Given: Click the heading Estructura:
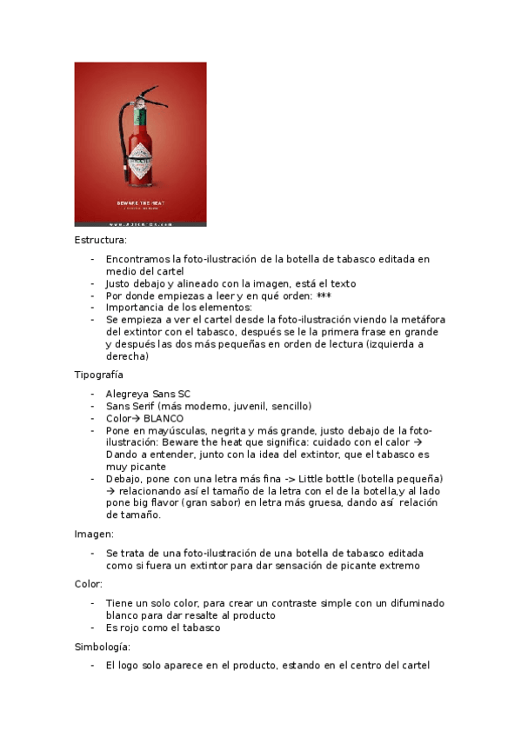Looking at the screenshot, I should pyautogui.click(x=100, y=239).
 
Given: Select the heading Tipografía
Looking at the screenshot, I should pyautogui.click(x=98, y=375).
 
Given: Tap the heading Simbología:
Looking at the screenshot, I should pyautogui.click(x=102, y=647).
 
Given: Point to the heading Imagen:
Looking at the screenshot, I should pyautogui.click(x=94, y=534).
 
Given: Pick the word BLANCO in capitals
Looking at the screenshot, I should pyautogui.click(x=164, y=418).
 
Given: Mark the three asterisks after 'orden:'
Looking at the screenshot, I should pyautogui.click(x=325, y=295).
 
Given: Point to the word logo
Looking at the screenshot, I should pyautogui.click(x=134, y=666).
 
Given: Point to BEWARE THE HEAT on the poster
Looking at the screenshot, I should pyautogui.click(x=140, y=203).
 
